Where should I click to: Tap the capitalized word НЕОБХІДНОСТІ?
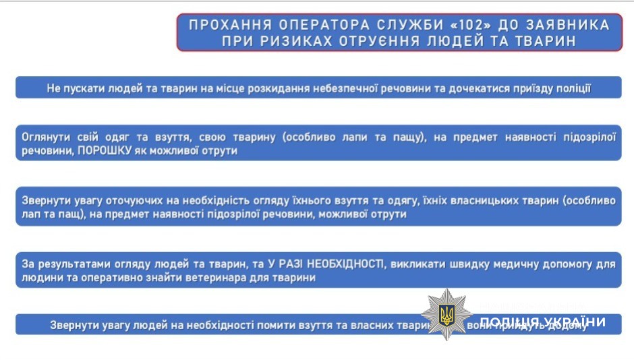[343, 264]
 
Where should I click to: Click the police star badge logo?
[444, 314]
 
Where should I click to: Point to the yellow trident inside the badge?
[444, 314]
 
